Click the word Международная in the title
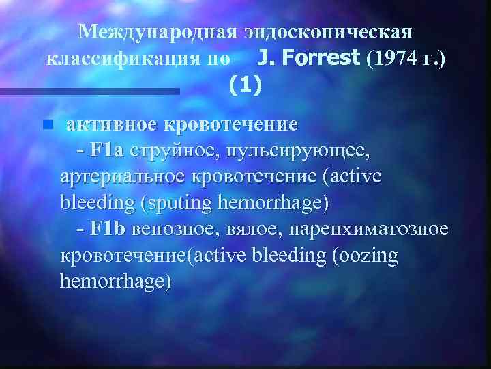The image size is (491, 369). [x=158, y=32]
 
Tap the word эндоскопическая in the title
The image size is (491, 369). [x=328, y=32]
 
